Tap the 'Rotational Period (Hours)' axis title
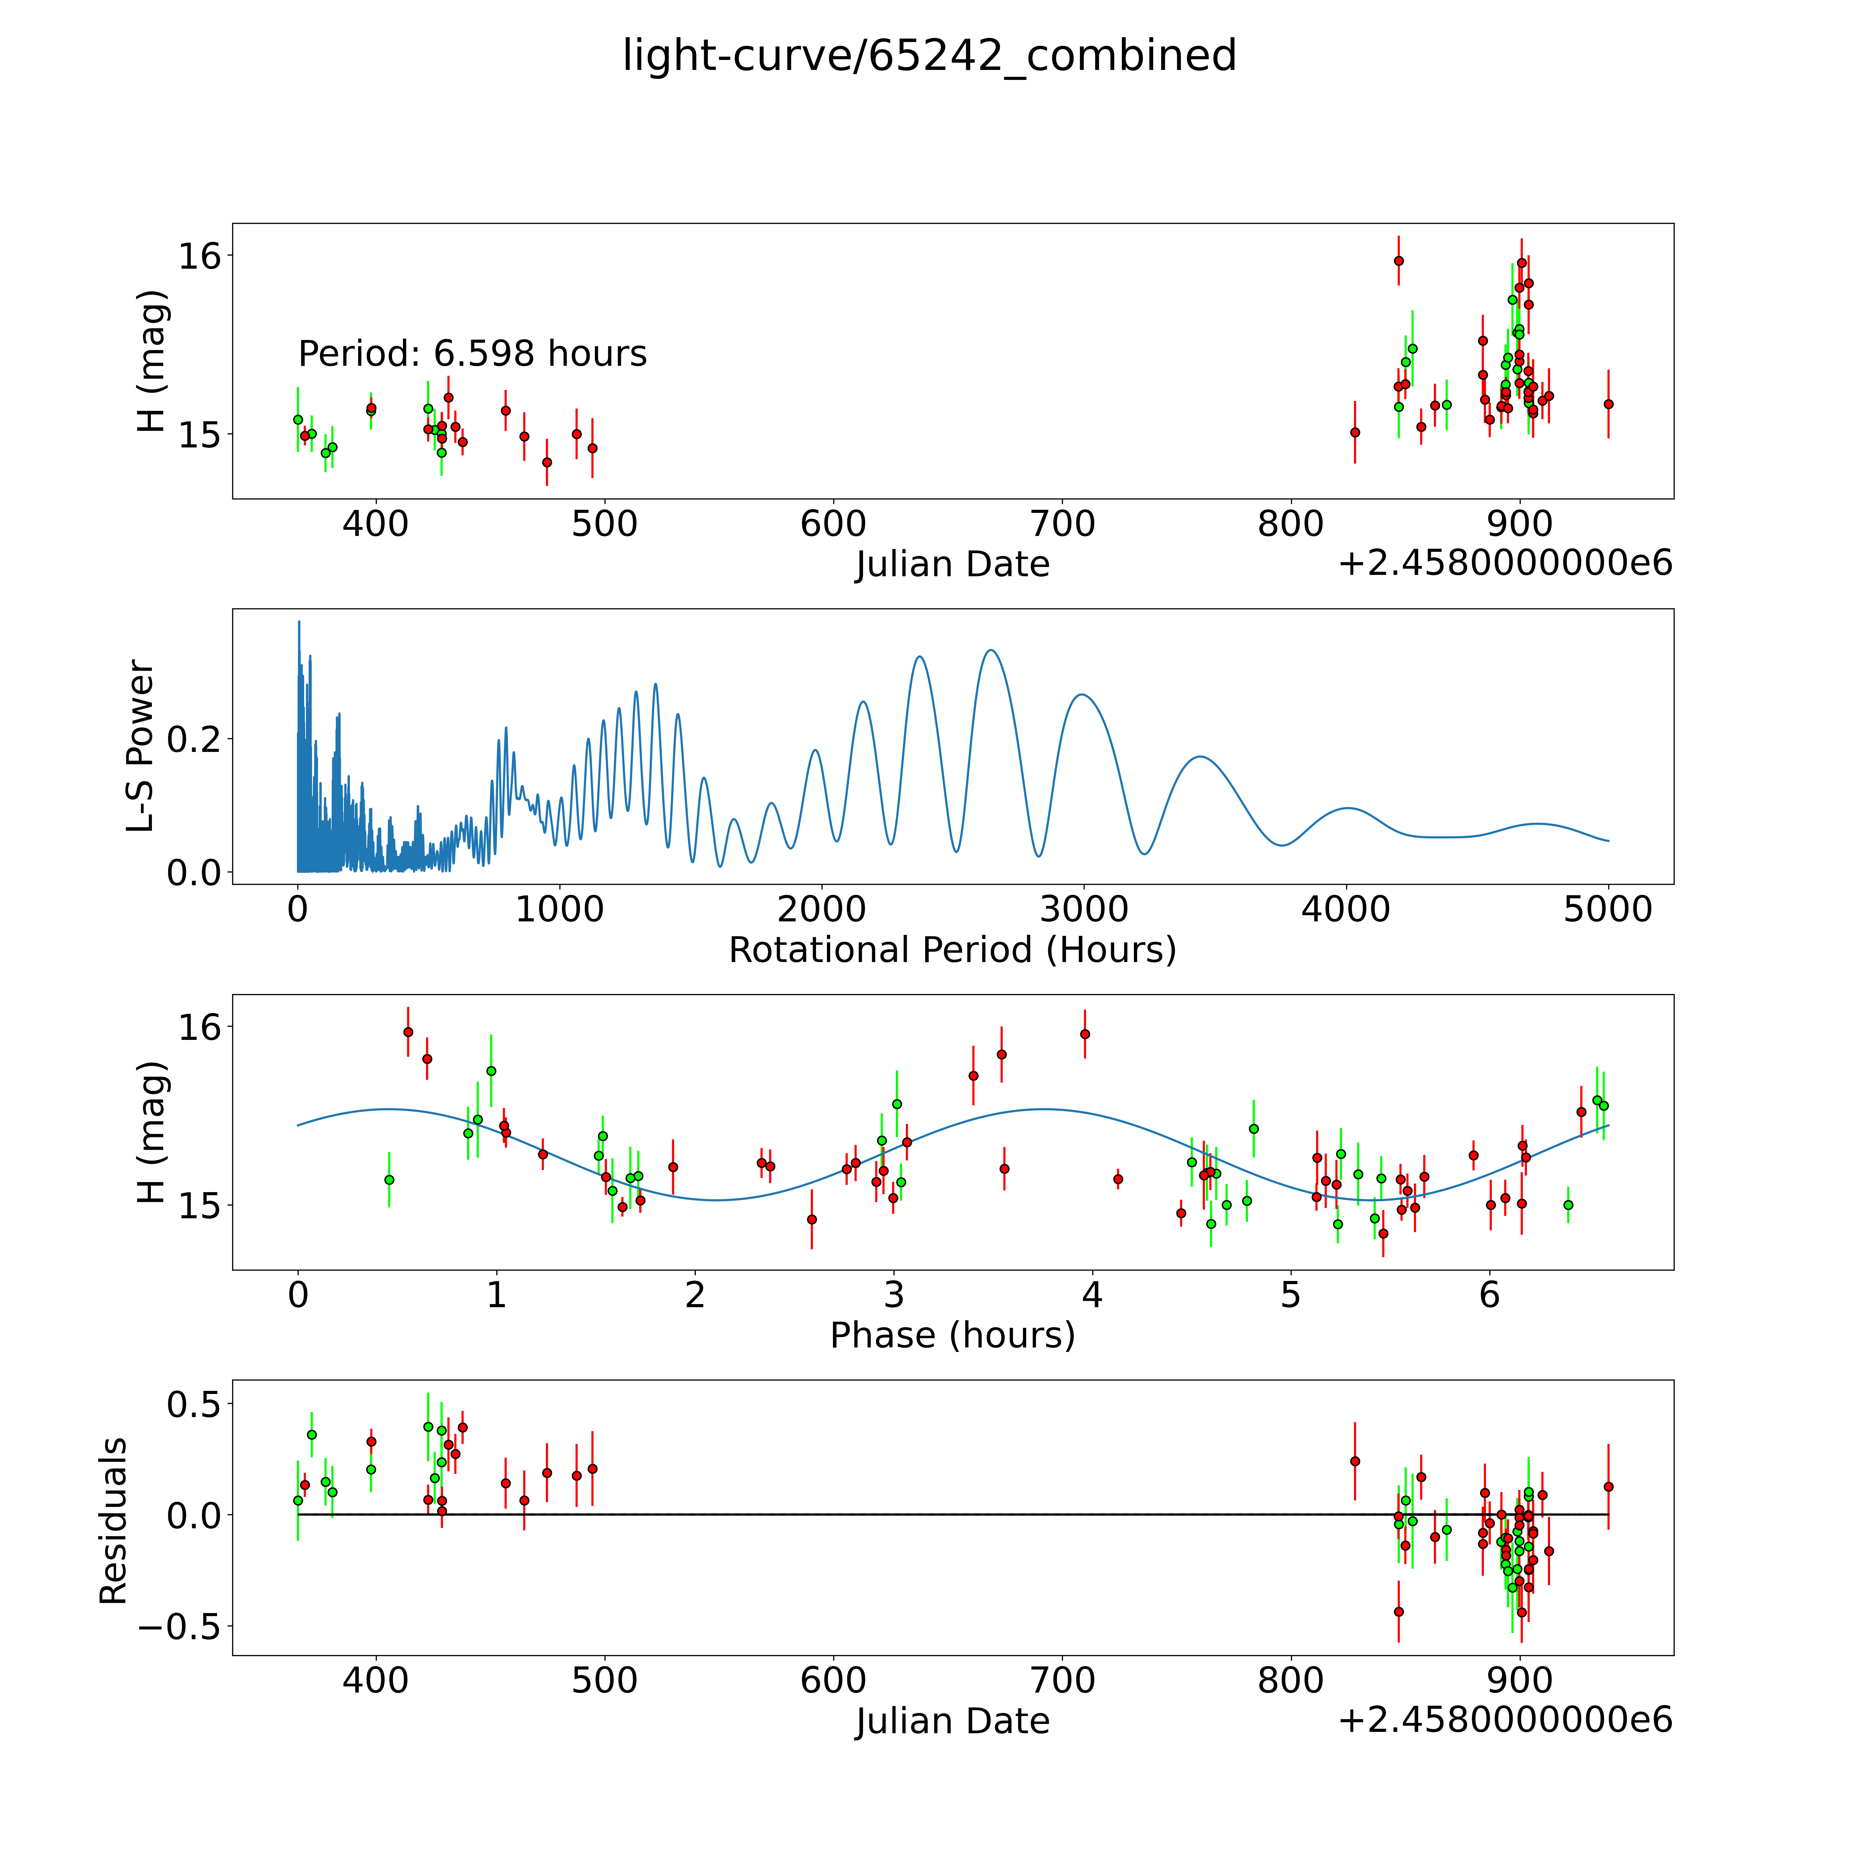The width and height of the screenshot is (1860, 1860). pyautogui.click(x=952, y=950)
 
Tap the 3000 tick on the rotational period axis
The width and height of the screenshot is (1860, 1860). pyautogui.click(x=1084, y=909)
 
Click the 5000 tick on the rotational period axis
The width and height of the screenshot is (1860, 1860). pyautogui.click(x=1608, y=909)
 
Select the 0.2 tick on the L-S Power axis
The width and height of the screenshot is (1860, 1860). pyautogui.click(x=194, y=740)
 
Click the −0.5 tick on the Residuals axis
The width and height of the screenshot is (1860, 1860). pyautogui.click(x=179, y=1627)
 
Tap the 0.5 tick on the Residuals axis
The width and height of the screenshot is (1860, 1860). pyautogui.click(x=194, y=1404)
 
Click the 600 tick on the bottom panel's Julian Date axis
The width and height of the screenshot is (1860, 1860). pyautogui.click(x=834, y=1681)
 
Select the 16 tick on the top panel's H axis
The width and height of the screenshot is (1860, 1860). pyautogui.click(x=199, y=256)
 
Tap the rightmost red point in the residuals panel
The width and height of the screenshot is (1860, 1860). pyautogui.click(x=1608, y=1487)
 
